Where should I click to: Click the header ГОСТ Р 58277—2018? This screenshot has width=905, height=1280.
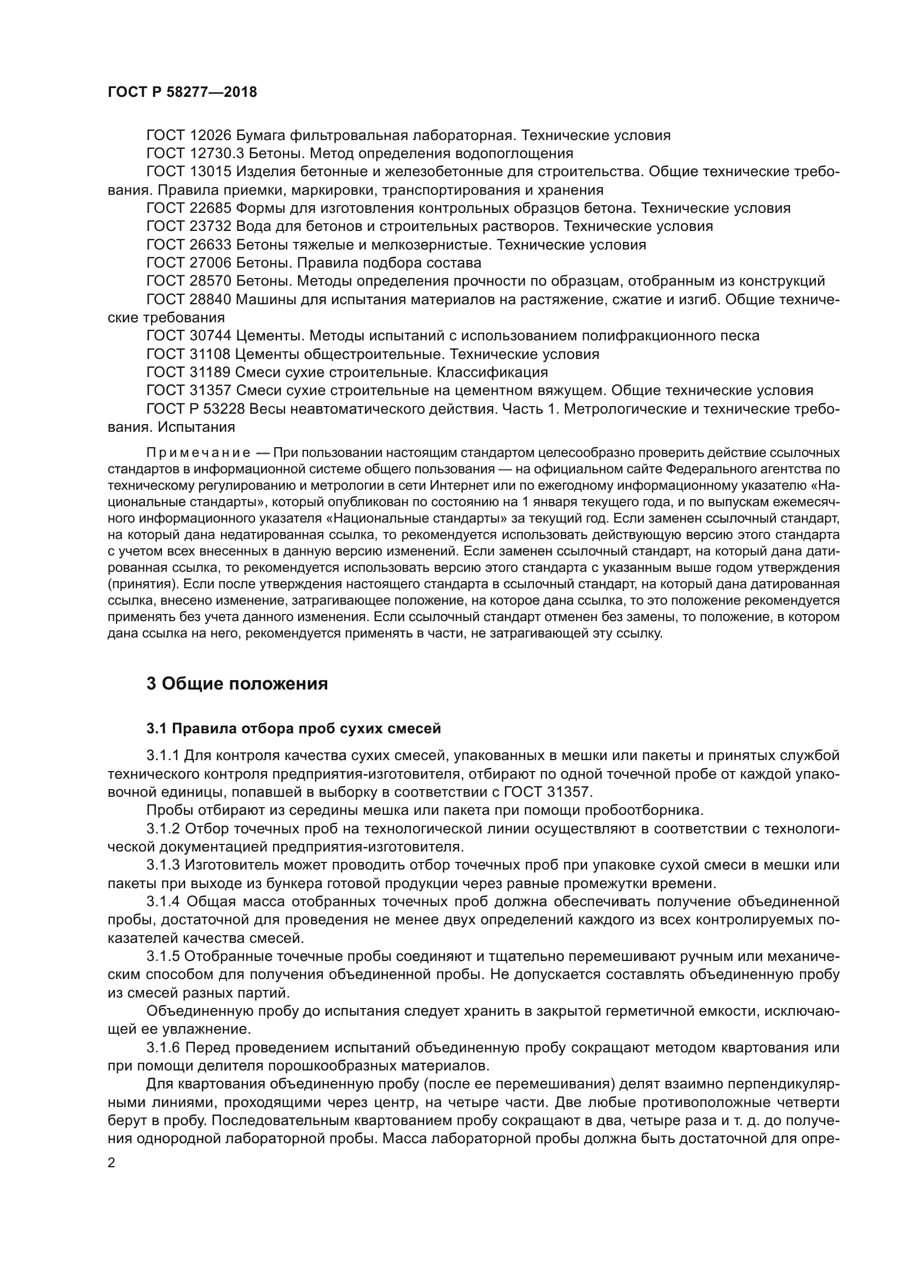(x=182, y=92)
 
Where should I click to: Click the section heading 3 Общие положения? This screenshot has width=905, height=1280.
(x=237, y=684)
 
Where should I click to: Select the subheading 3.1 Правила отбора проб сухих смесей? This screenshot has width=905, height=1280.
(x=293, y=728)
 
